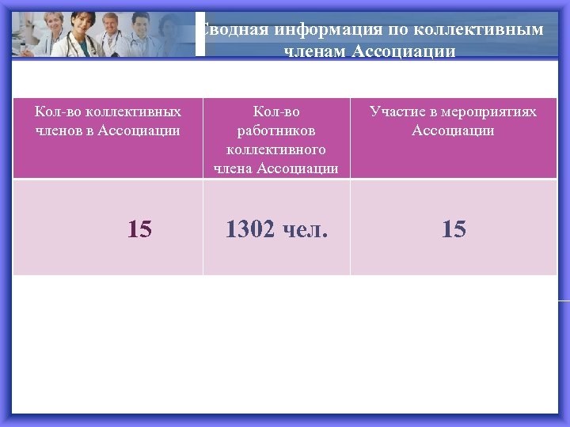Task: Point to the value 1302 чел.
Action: pos(276,229)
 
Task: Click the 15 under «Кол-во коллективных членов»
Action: pos(139,229)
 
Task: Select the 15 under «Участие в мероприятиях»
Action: pos(454,229)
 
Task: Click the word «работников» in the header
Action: pos(276,130)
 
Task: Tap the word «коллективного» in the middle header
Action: pos(276,149)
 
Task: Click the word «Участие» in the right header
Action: pos(395,111)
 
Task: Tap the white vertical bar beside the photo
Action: pos(200,34)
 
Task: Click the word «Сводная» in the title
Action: pos(226,31)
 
